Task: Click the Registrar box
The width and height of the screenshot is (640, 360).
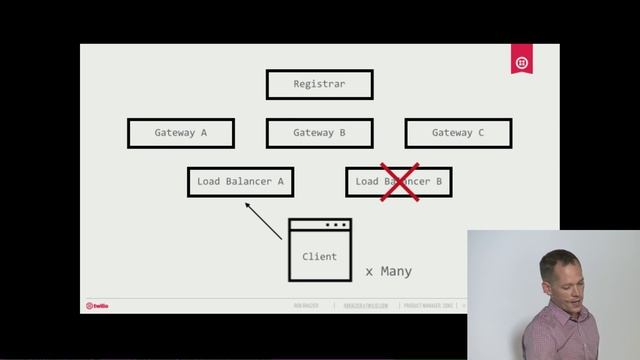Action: (x=319, y=84)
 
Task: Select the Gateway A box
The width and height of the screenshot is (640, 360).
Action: (x=181, y=133)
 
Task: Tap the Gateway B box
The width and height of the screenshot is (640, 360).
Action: (x=319, y=133)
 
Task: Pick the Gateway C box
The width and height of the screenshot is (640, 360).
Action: (x=458, y=133)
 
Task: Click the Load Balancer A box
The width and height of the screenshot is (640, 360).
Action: (x=240, y=182)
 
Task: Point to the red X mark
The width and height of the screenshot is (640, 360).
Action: (x=399, y=182)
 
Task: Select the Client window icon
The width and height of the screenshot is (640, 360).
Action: (x=320, y=250)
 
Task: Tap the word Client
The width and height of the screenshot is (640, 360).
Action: (x=320, y=257)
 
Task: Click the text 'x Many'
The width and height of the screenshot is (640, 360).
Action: (x=388, y=271)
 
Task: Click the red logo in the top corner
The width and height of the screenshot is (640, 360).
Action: (x=521, y=62)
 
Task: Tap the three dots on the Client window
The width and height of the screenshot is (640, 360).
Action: (x=336, y=225)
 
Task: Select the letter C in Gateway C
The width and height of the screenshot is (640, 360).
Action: (x=480, y=133)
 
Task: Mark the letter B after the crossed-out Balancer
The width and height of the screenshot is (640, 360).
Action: (x=437, y=182)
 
